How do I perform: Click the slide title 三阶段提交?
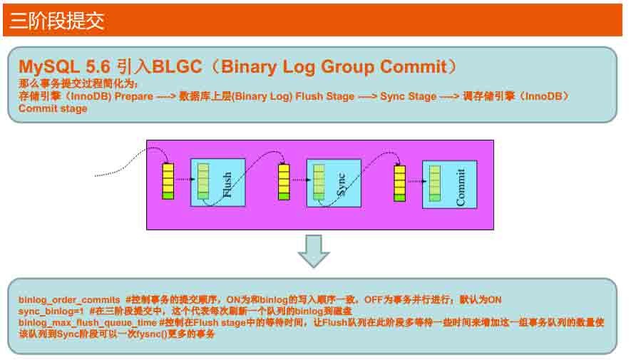(x=57, y=20)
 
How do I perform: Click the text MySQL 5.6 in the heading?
(x=63, y=67)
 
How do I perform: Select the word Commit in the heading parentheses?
(x=411, y=67)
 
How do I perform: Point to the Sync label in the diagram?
(x=340, y=184)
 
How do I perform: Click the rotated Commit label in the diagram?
(x=460, y=187)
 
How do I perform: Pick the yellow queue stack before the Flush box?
(x=168, y=181)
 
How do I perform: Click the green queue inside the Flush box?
(x=203, y=181)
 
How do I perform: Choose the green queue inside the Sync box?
(x=319, y=182)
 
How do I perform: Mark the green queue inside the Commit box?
(x=434, y=182)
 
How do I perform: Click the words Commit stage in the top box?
(x=53, y=108)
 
